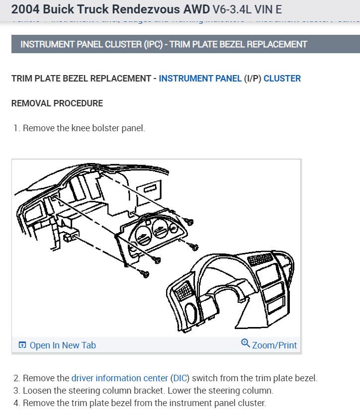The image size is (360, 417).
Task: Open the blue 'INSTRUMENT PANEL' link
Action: tap(200, 79)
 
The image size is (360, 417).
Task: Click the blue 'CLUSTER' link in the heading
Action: tap(282, 79)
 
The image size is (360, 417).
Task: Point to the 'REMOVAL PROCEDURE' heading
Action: tap(57, 103)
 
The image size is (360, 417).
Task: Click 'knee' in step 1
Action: tap(82, 128)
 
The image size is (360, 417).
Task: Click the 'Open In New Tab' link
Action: tap(63, 345)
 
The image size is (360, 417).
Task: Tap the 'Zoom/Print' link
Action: tap(274, 345)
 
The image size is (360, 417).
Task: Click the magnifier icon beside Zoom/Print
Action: tap(245, 344)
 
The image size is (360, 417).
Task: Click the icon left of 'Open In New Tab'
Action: tap(22, 345)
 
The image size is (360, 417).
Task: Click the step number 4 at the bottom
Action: tap(16, 403)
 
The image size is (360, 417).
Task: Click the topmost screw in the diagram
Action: tap(189, 222)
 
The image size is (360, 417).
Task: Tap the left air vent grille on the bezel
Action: tap(184, 290)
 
